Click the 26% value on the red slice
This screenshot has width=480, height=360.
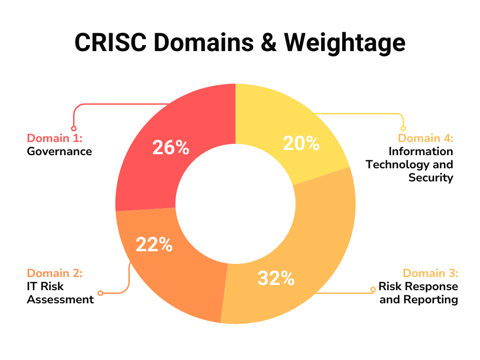point(171,148)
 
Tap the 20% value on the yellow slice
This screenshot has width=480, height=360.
point(301,143)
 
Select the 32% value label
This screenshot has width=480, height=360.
point(276,278)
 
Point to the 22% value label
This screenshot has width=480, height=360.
point(154,244)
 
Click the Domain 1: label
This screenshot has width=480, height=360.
point(54,138)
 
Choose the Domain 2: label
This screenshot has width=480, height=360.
point(54,273)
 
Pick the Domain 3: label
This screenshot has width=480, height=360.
point(430,273)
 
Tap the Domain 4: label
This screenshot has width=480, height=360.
point(426,138)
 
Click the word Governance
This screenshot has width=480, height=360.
point(59,151)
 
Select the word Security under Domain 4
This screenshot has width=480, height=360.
point(431,178)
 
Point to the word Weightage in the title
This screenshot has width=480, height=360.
point(345,43)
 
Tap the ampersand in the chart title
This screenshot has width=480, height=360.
point(270,43)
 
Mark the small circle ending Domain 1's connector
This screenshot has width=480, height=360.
point(74,128)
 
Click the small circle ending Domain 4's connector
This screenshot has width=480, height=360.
point(403,128)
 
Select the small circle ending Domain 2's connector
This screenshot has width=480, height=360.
point(100,293)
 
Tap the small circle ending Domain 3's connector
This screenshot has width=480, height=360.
point(373,289)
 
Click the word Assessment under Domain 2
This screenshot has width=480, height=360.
point(60,299)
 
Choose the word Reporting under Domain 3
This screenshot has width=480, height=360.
point(434,299)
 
